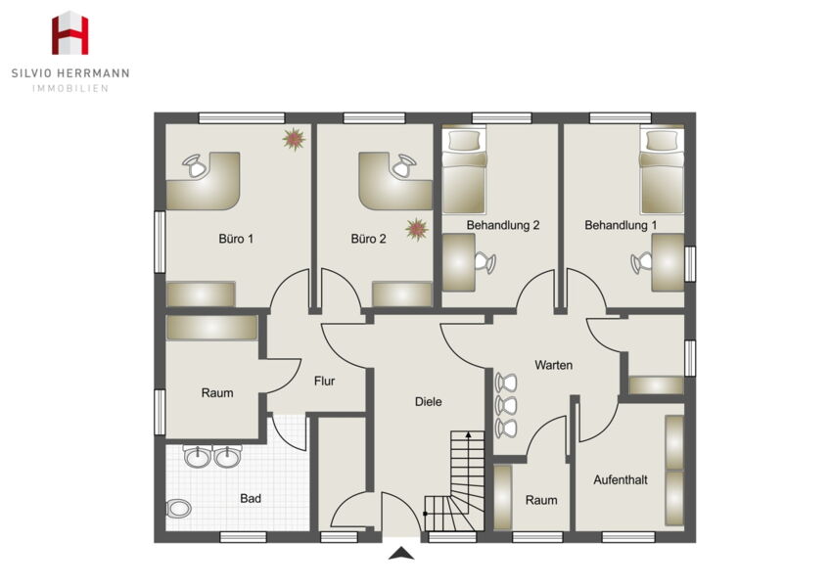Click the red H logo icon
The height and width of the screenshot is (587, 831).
pos(69,33)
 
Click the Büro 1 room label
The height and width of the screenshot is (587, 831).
pos(236,239)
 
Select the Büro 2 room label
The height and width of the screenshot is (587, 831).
pos(368,239)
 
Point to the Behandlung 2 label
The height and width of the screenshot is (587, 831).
pos(503,225)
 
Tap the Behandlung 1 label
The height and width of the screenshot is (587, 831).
pos(621,225)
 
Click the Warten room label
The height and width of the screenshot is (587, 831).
pos(553,365)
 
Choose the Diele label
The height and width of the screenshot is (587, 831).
pos(428,401)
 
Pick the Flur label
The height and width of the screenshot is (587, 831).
pos(324,381)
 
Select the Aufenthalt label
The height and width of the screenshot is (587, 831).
pos(621,480)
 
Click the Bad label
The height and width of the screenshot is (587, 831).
pos(251,499)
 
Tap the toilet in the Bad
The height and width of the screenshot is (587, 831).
pos(178,509)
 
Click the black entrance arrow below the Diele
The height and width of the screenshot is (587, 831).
pos(401,553)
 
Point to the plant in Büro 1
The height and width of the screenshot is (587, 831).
pos(294,139)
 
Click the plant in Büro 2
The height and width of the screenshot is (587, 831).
pos(417,229)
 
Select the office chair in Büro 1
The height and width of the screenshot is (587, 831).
pos(195,165)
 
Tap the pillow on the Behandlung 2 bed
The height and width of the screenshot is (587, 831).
pos(464,141)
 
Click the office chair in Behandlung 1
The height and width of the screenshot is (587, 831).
pos(641,262)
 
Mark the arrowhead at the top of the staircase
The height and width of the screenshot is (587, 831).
pos(469,434)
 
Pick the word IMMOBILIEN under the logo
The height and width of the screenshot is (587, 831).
pos(70,88)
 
